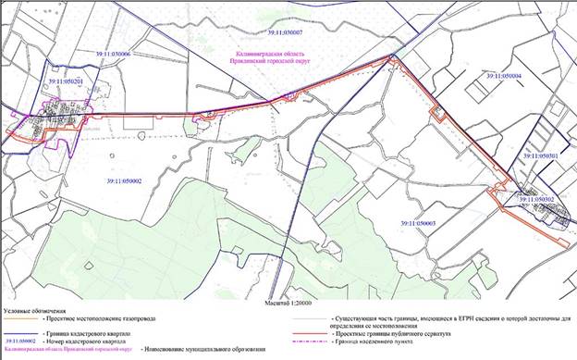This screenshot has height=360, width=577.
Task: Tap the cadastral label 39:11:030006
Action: pos(113,55)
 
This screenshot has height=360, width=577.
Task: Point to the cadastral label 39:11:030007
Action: pos(285,32)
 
